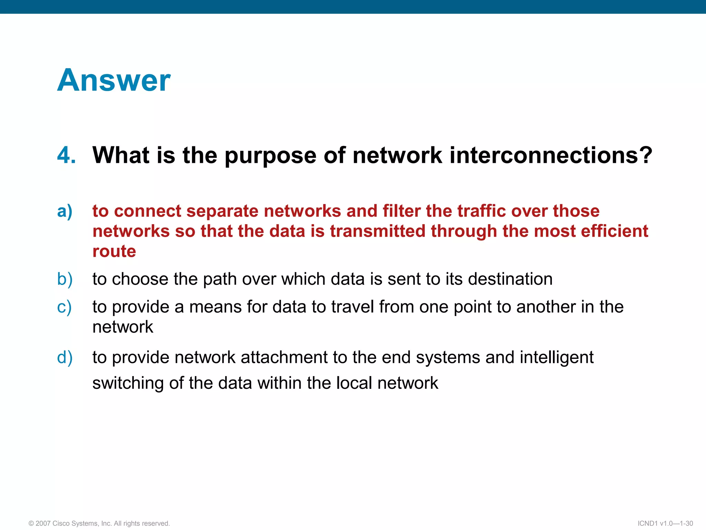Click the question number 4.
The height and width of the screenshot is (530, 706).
tap(66, 155)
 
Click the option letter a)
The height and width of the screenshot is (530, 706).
tap(65, 211)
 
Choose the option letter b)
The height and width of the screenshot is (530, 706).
tap(65, 279)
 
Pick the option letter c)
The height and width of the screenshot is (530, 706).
tap(64, 307)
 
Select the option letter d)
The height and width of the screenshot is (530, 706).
tap(65, 357)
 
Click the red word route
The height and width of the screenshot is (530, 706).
tap(114, 251)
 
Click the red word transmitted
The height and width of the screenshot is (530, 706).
tap(377, 231)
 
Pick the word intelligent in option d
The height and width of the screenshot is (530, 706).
tap(556, 357)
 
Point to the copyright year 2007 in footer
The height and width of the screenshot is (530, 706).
tap(43, 523)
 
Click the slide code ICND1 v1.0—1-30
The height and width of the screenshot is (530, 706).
tap(665, 523)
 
